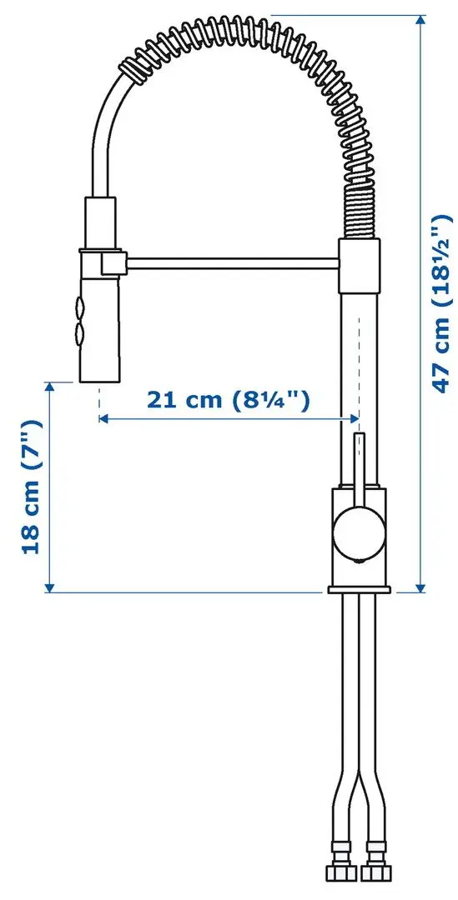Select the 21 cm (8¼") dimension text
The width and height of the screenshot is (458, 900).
point(229,400)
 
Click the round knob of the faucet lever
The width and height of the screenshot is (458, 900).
point(358,532)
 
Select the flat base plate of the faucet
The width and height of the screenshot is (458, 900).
point(360,590)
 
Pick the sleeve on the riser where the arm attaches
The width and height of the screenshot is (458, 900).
point(359,265)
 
